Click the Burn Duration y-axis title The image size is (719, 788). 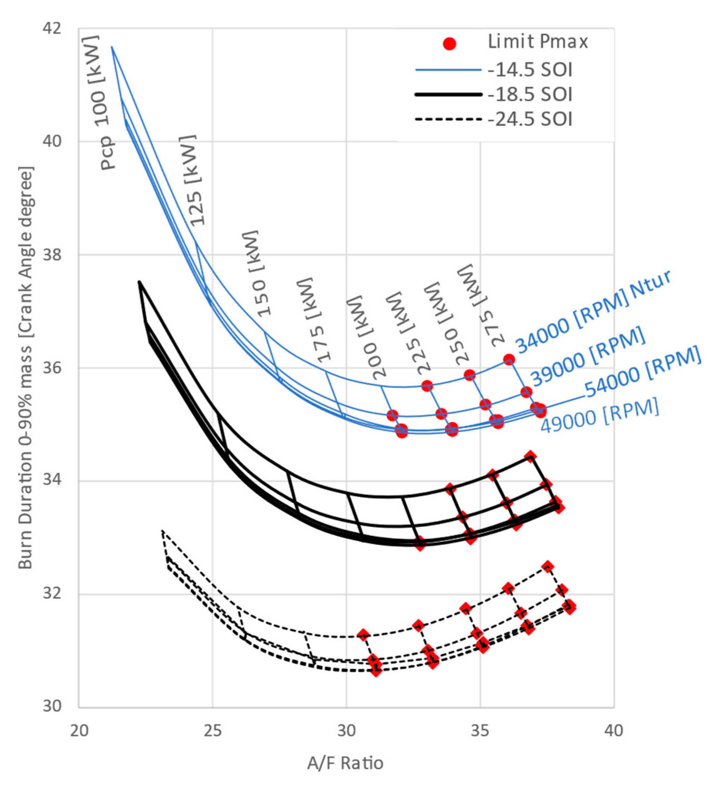coord(26,367)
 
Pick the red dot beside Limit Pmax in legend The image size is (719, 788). coord(449,43)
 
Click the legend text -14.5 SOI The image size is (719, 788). coord(530,70)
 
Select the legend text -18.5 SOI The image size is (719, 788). coord(530,95)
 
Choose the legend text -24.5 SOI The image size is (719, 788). coord(530,119)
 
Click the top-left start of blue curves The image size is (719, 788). coord(112,47)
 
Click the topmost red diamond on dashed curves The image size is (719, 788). coord(547,567)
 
